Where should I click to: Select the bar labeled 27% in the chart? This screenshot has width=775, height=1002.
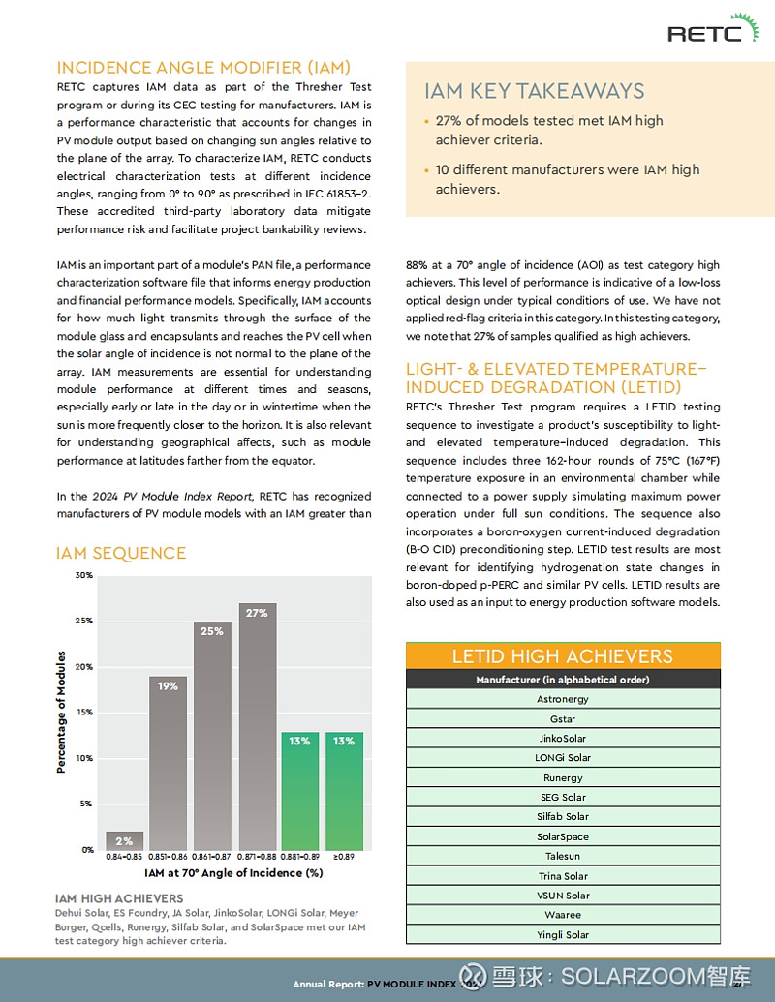coord(257,726)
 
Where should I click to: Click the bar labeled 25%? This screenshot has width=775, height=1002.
coord(212,736)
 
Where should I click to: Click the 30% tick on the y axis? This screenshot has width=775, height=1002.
coord(83,575)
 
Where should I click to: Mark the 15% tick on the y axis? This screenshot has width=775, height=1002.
coord(83,713)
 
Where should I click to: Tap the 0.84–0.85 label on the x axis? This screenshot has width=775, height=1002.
coord(124,858)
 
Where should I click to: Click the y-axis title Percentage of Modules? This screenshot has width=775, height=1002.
coord(61,712)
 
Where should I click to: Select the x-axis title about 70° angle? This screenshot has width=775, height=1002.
coord(233,873)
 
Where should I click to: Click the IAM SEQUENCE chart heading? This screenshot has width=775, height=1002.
coord(121,553)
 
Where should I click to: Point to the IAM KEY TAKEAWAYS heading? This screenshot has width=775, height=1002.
coord(534,91)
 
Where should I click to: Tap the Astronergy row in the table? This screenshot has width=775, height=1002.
coord(563,699)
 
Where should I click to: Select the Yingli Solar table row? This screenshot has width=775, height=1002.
coord(563,935)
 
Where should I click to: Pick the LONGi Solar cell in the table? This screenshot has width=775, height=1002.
coord(563,758)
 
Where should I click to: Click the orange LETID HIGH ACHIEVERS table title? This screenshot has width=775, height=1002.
coord(563,656)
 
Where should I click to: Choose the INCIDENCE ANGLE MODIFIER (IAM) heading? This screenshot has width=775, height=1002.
coord(203,68)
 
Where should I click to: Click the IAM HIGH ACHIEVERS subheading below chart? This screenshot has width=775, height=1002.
coord(119,898)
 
